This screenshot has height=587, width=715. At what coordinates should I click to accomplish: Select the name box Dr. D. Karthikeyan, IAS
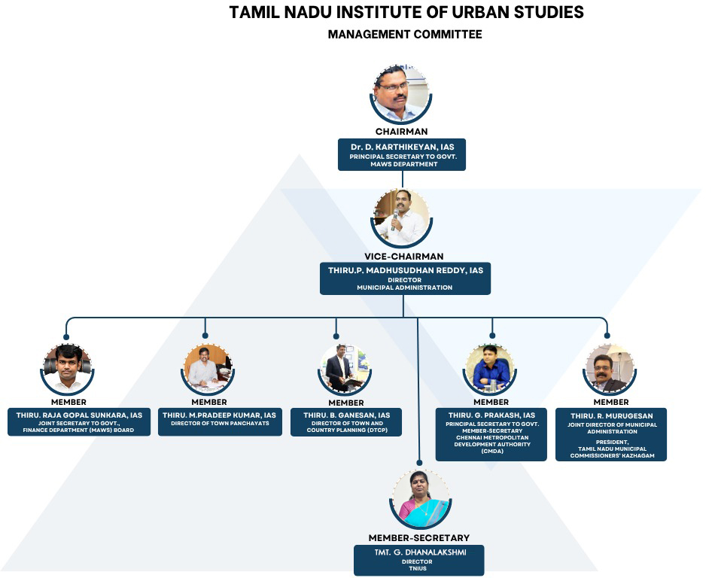click(x=402, y=154)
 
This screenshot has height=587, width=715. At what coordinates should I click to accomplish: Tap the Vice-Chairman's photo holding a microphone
click(x=402, y=217)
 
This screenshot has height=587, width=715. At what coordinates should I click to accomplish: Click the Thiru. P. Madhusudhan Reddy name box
click(x=405, y=278)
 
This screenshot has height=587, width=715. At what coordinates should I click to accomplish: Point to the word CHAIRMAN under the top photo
click(x=402, y=132)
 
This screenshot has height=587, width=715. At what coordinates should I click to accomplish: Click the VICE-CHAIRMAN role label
click(x=404, y=257)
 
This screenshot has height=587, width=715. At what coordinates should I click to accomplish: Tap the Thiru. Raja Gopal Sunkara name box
click(x=79, y=422)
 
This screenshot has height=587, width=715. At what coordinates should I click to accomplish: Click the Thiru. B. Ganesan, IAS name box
click(x=346, y=422)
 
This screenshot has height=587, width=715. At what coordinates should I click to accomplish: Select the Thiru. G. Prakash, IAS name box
click(x=491, y=434)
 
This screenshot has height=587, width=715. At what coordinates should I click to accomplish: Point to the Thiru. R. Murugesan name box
click(x=610, y=434)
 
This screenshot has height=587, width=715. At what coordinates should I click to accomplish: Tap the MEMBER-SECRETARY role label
click(x=418, y=537)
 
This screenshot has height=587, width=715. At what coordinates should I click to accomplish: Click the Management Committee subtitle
click(x=404, y=35)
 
